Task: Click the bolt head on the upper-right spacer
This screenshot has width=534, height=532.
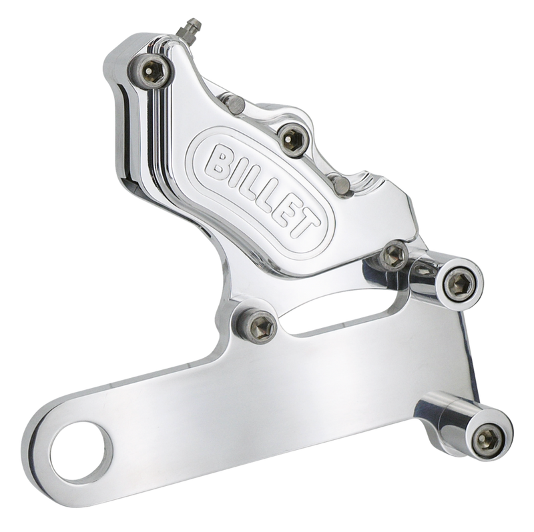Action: [x=459, y=285]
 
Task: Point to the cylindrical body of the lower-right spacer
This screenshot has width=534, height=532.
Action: [x=441, y=419]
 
